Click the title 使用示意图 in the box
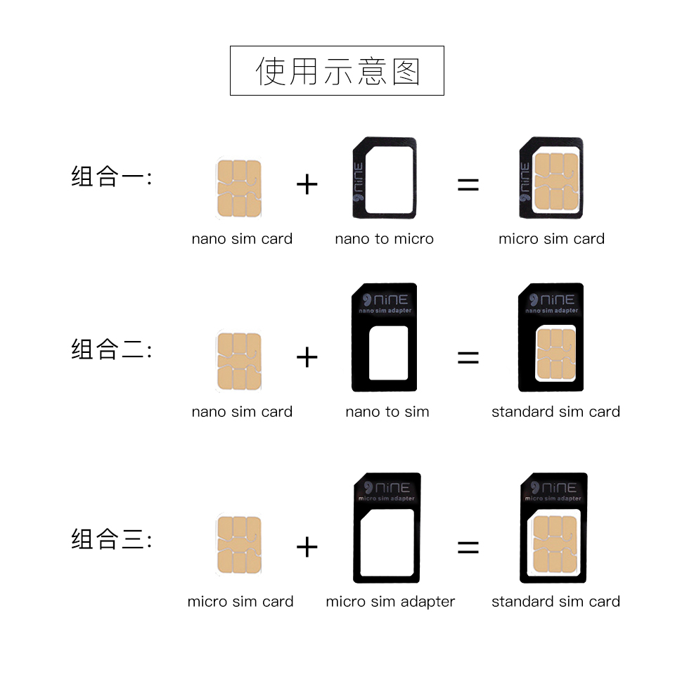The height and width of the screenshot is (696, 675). (x=337, y=71)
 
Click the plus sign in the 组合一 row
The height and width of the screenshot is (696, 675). (x=307, y=185)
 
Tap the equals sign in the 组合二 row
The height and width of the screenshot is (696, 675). (x=468, y=358)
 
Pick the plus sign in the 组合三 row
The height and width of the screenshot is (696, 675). (x=307, y=547)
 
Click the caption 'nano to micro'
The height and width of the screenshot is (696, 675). (x=384, y=239)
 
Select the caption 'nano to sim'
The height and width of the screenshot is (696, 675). (x=387, y=412)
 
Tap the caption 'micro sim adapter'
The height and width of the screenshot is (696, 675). (x=390, y=602)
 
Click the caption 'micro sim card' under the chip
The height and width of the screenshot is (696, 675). (x=240, y=602)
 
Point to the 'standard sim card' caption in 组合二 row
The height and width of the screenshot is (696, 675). (x=555, y=412)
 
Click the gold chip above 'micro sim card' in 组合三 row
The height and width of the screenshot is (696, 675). (x=239, y=545)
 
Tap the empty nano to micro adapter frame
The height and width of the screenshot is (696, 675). (x=384, y=177)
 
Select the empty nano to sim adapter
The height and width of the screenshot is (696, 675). (x=384, y=337)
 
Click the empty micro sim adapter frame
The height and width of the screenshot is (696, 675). (x=387, y=527)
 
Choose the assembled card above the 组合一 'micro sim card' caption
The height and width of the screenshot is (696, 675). (x=551, y=179)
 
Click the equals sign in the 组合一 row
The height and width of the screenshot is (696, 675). (x=468, y=185)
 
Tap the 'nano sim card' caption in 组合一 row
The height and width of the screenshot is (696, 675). (x=242, y=239)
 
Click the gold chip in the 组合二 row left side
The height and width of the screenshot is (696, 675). (x=239, y=361)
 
